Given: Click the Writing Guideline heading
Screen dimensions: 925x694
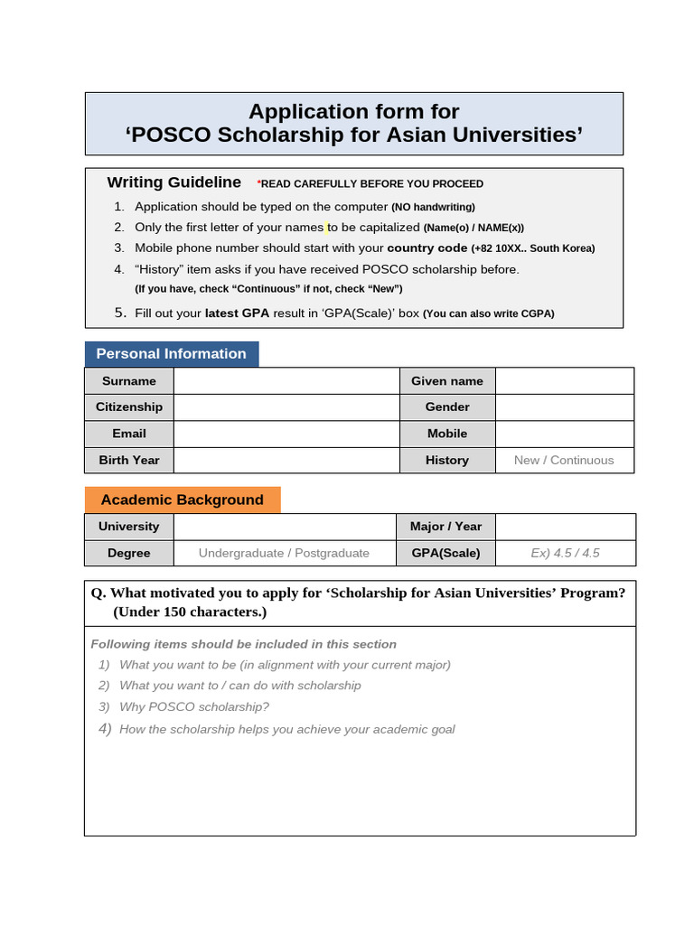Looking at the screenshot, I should click(x=174, y=182).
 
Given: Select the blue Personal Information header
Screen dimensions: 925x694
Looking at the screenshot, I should click(x=172, y=354).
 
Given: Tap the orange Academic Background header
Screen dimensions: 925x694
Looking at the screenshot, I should click(x=183, y=500).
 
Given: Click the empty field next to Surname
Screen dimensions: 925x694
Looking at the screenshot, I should click(x=286, y=381).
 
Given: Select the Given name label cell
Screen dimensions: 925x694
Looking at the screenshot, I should click(x=447, y=381).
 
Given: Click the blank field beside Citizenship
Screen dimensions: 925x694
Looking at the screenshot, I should click(x=286, y=407).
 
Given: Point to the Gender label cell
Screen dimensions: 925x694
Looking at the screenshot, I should click(x=447, y=407).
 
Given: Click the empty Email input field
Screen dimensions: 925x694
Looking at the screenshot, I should click(x=286, y=434).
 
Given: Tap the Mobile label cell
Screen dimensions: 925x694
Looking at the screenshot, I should click(x=447, y=434).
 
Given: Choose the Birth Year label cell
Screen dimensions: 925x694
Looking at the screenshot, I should click(x=129, y=460).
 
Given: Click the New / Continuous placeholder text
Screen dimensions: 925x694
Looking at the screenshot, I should click(x=564, y=460).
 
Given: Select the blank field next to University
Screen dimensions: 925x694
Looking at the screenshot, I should click(x=285, y=527).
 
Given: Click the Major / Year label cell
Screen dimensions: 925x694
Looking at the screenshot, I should click(x=446, y=527).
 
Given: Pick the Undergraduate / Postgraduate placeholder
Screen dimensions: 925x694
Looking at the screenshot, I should click(x=284, y=553).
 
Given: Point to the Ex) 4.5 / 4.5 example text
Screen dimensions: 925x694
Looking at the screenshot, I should click(x=566, y=553).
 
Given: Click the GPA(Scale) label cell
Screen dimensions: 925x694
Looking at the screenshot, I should click(x=446, y=553).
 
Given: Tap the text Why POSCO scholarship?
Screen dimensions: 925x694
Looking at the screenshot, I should click(x=194, y=707).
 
